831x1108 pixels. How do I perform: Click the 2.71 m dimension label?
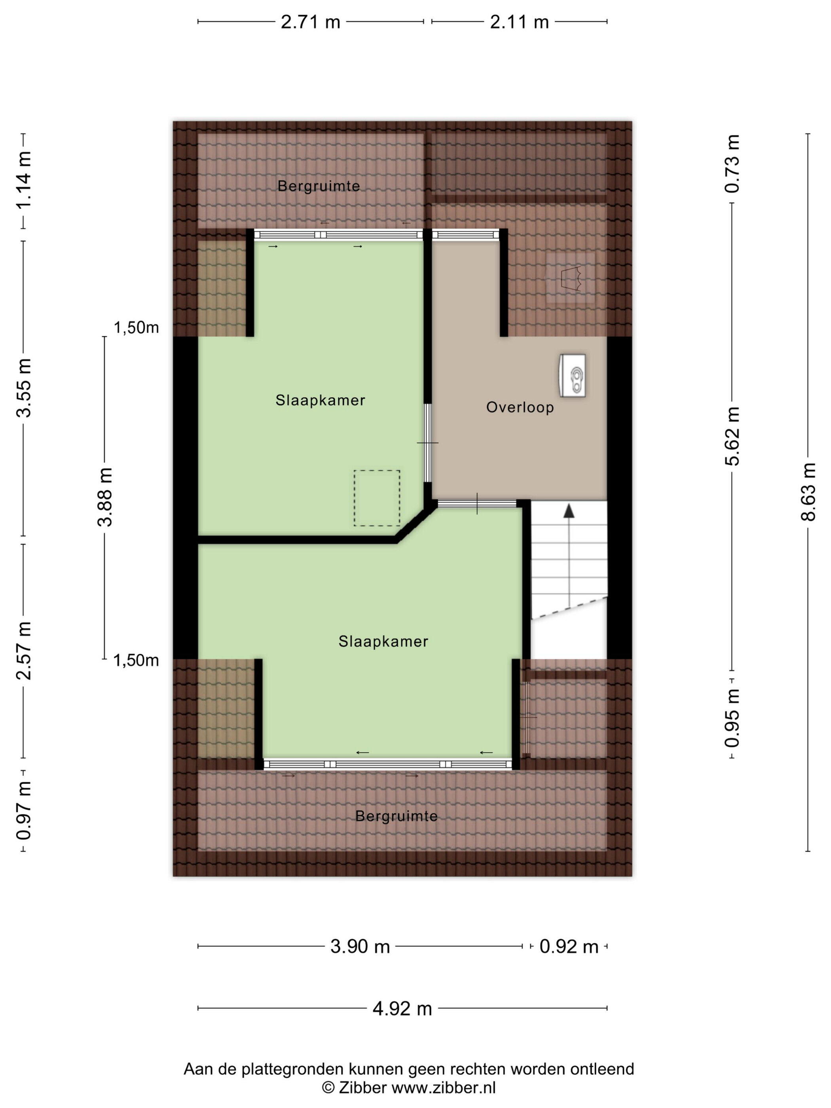[x=310, y=22]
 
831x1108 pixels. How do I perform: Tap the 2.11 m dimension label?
[x=520, y=22]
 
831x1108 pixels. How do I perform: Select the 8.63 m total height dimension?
[x=808, y=492]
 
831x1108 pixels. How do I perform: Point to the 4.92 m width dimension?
[x=402, y=1008]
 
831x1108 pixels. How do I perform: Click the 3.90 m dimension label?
[x=360, y=946]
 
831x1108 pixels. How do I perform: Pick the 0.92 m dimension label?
[x=569, y=947]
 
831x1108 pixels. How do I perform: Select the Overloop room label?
[x=520, y=407]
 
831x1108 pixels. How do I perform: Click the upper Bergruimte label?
[x=319, y=186]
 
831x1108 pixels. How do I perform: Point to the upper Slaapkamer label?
[x=320, y=400]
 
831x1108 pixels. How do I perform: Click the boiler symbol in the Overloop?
[x=573, y=376]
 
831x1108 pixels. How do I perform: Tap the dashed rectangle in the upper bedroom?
[x=377, y=498]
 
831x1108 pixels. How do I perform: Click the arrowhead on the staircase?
[x=569, y=510]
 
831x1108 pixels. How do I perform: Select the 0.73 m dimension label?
[x=732, y=163]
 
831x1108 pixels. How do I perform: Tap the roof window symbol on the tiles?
[x=571, y=278]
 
